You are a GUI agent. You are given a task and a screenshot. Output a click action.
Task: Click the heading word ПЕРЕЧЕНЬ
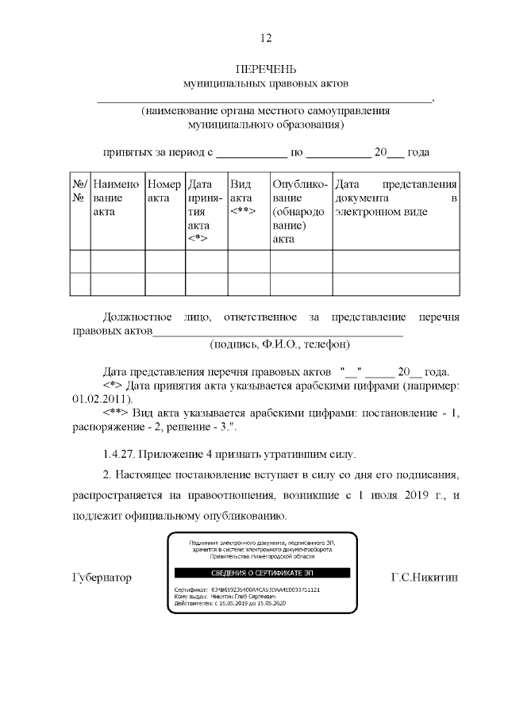pos(266,69)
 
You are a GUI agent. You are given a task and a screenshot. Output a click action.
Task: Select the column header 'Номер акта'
pos(164,190)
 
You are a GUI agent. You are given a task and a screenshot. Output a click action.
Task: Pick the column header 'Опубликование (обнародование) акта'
pos(299,210)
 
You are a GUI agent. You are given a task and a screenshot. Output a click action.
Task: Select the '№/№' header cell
pos(79,190)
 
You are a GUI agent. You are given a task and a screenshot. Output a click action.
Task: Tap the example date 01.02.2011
pos(94,399)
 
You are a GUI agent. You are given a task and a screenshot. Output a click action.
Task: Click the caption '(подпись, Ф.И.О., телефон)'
pos(279,344)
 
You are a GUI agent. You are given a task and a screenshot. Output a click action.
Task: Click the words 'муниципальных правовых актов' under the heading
pos(266,83)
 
